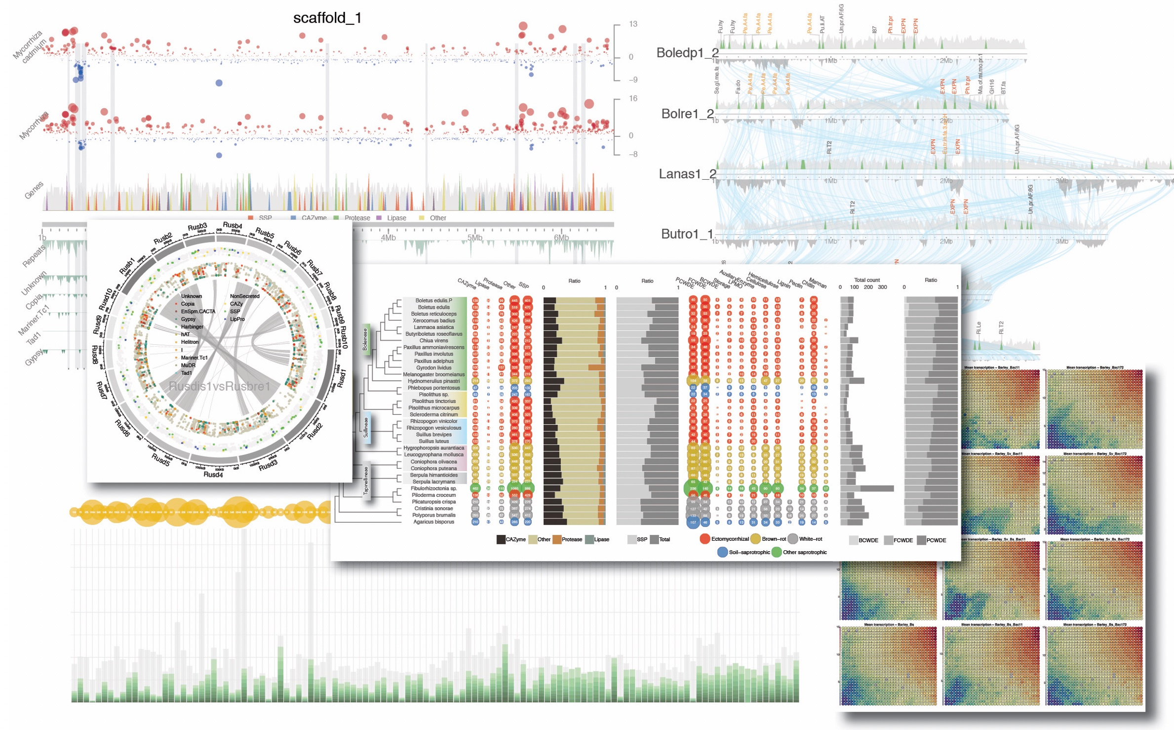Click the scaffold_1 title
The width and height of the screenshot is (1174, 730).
pos(327,18)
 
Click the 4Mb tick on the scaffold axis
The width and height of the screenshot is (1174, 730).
pos(388,238)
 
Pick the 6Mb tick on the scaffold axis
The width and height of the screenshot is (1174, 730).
pos(561,238)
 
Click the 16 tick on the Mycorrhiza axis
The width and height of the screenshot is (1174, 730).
pos(633,98)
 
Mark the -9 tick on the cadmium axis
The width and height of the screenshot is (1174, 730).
pos(633,80)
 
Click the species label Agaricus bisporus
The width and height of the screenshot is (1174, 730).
pos(433,522)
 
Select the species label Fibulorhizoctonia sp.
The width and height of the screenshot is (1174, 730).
pos(433,488)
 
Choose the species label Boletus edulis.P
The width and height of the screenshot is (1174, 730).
pos(433,300)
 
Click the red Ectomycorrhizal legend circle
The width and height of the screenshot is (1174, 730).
pos(704,539)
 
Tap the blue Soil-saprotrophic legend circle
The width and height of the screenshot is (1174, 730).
pos(722,552)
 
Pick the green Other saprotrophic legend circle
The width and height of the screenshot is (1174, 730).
pos(777,552)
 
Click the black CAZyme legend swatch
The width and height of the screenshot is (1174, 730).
pos(501,539)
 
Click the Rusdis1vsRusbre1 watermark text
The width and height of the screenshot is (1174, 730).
pos(220,386)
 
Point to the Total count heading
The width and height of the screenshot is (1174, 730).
pos(867,280)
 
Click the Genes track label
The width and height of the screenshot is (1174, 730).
pos(34,190)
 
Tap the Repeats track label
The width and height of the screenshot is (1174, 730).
pos(34,256)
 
